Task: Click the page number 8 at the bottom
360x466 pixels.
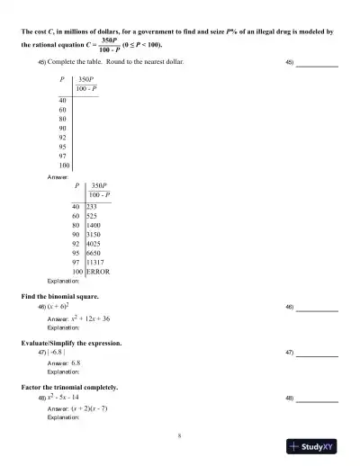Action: click(180, 435)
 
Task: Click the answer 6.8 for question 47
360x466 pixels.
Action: click(82, 363)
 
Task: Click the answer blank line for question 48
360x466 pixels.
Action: click(318, 399)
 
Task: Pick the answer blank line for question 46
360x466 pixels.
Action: click(318, 309)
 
